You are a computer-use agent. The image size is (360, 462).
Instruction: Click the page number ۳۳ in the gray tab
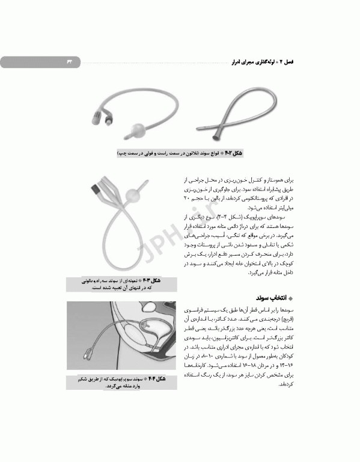coord(67,61)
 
